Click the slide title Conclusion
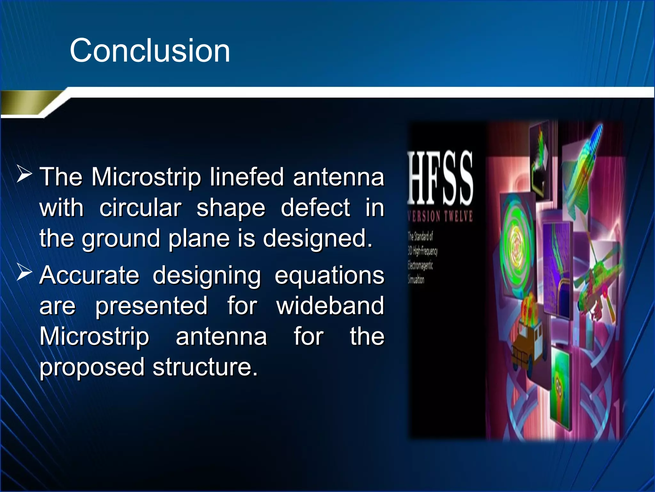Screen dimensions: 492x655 (150, 51)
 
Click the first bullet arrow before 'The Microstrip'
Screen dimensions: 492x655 (24, 175)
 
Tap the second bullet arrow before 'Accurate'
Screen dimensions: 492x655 (24, 273)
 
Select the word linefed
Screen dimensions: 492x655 (247, 177)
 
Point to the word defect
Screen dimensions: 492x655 (315, 208)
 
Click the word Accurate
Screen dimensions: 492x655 (89, 275)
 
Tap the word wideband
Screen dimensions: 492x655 (330, 306)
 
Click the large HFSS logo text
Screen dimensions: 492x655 (440, 178)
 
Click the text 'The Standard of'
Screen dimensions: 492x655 (420, 236)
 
